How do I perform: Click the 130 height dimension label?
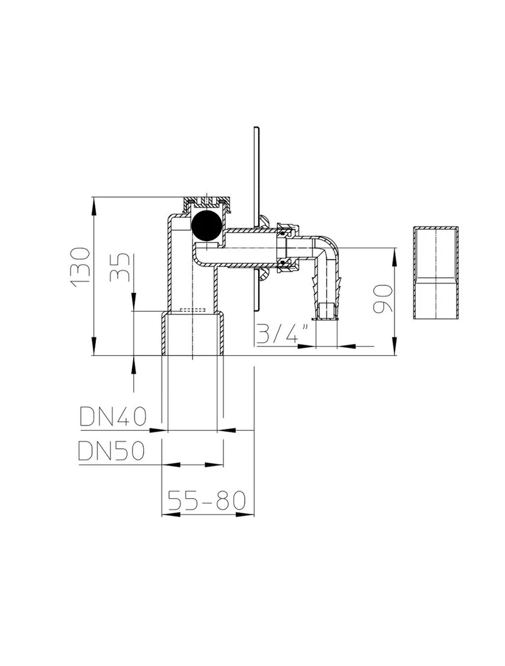(81, 267)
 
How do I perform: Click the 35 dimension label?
(119, 268)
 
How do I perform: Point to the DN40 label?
(113, 417)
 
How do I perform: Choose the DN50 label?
(112, 451)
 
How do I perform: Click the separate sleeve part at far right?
(436, 273)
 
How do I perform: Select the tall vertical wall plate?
(256, 220)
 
